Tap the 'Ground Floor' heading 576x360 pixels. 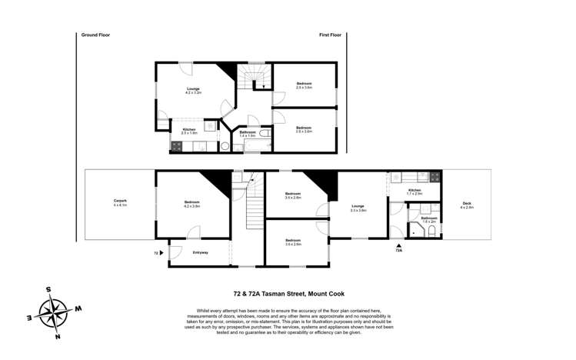tap(95, 35)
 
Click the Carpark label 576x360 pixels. tap(120, 203)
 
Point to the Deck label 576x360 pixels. tap(467, 205)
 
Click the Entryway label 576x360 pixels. tap(200, 252)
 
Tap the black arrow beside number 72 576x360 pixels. tap(163, 252)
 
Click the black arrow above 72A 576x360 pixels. tap(398, 243)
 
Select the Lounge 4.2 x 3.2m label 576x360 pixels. tap(193, 91)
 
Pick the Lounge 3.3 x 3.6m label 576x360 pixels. tap(358, 208)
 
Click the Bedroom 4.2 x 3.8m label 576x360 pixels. tap(191, 204)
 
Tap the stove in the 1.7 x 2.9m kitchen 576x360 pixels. tap(434, 176)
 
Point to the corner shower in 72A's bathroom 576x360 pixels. tap(416, 228)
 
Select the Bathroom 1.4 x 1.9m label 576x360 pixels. tap(247, 134)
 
